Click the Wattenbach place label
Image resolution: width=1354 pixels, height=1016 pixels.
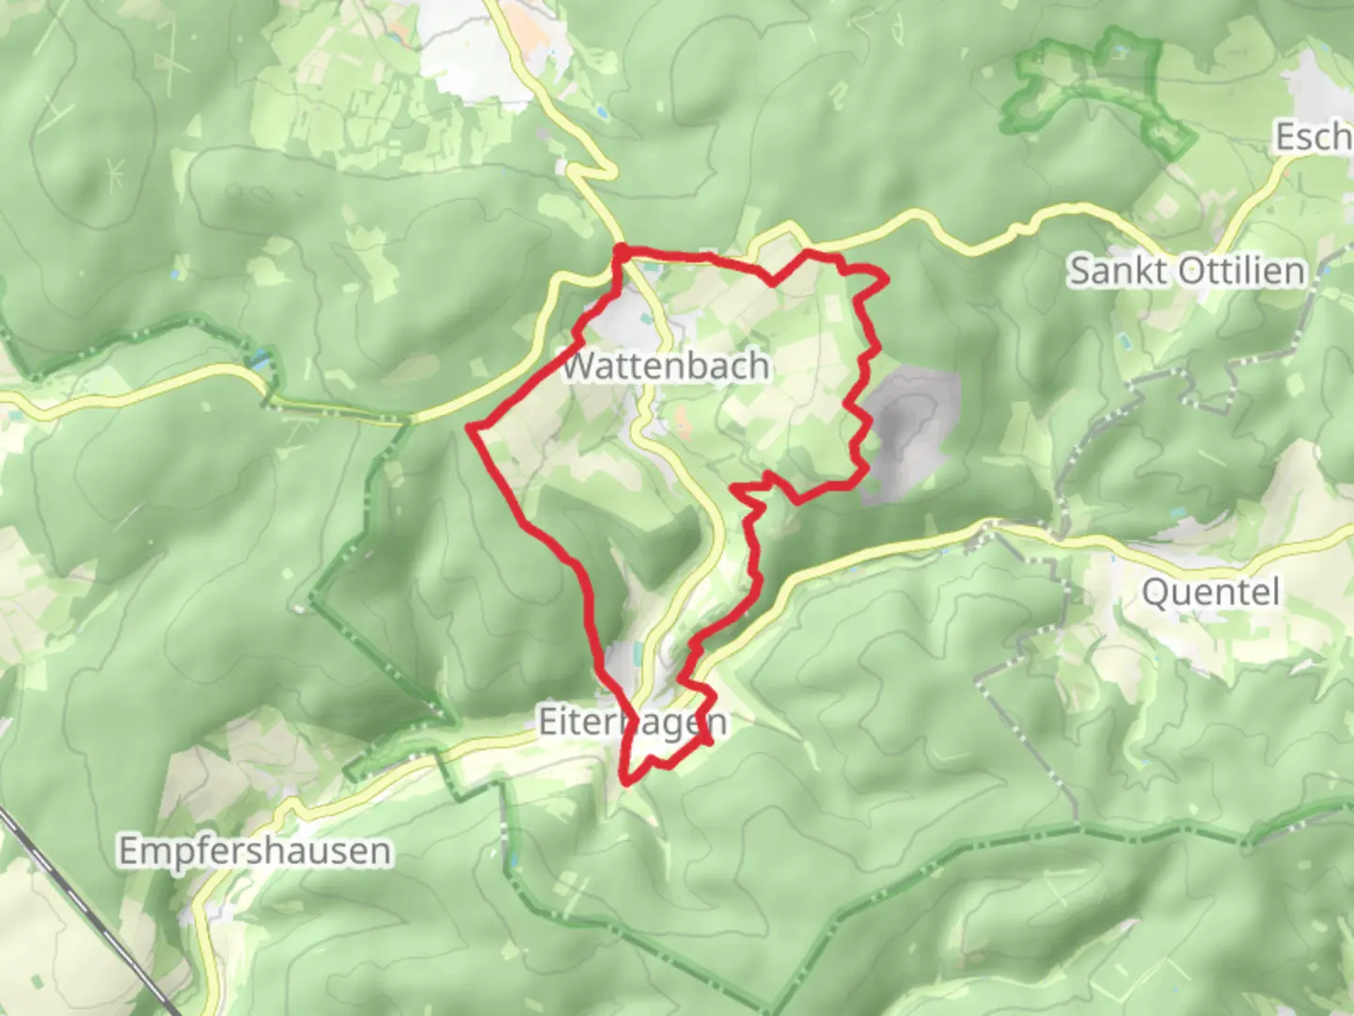[665, 365]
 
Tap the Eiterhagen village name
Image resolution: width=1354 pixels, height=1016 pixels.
[632, 722]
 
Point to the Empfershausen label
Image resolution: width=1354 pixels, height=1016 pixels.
[254, 851]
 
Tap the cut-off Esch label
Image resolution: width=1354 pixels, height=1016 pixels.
[1313, 137]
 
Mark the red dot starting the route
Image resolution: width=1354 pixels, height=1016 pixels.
[621, 251]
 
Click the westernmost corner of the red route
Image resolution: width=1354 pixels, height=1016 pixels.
[470, 429]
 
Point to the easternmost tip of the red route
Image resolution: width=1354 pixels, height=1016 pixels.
[886, 278]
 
